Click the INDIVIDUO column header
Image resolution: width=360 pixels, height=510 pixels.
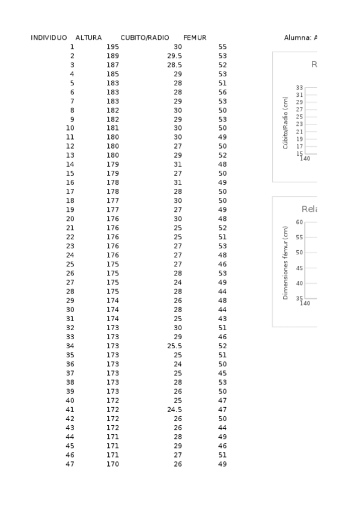(x=49, y=38)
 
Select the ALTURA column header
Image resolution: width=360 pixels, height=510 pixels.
(x=88, y=38)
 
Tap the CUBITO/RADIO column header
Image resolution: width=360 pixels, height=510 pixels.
(x=144, y=38)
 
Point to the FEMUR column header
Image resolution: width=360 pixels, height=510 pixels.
(x=195, y=38)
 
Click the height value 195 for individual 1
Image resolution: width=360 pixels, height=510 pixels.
(x=112, y=47)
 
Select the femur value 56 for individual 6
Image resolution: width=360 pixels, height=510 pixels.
(x=222, y=92)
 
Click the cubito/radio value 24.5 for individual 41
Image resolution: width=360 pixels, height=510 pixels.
(x=174, y=409)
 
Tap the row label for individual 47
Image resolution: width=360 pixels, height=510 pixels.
(x=70, y=464)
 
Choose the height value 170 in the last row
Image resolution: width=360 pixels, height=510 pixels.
(x=112, y=464)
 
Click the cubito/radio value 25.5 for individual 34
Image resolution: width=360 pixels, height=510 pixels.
(x=174, y=346)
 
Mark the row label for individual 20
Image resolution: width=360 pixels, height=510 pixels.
(x=70, y=219)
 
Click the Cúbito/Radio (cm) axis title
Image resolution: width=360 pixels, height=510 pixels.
(x=286, y=123)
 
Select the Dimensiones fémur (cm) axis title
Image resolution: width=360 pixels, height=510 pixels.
(x=286, y=262)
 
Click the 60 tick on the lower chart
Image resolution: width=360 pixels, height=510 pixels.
(x=299, y=223)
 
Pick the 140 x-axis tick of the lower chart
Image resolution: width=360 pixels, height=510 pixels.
(x=305, y=303)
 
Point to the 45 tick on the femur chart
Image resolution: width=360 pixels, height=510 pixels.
(x=299, y=268)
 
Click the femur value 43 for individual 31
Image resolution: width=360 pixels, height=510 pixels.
(x=222, y=319)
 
